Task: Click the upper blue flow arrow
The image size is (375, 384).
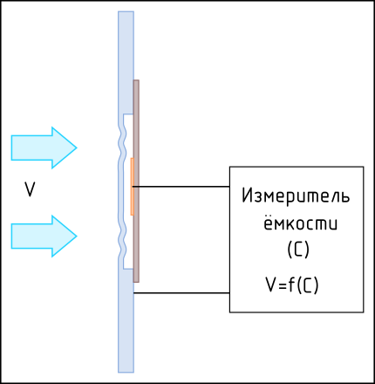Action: click(x=44, y=147)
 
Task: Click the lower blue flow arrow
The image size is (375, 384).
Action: click(x=44, y=237)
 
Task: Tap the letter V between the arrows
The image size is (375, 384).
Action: click(x=30, y=189)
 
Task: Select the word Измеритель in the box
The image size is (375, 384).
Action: click(x=296, y=195)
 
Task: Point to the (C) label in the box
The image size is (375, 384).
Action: click(x=298, y=250)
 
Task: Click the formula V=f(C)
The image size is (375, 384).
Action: click(x=292, y=285)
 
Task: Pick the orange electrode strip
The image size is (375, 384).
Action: click(x=132, y=187)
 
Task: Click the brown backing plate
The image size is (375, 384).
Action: click(x=136, y=181)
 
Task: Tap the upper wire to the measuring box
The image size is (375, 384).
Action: click(x=181, y=187)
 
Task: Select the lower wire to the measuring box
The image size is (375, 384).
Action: click(x=181, y=293)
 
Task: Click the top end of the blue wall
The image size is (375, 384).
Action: click(x=126, y=12)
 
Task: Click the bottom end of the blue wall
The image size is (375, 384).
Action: click(x=126, y=372)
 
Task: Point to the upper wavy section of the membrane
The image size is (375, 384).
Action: click(x=122, y=142)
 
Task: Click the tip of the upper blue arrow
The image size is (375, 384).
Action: click(x=77, y=147)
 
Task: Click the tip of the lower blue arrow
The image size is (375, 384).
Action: click(x=77, y=237)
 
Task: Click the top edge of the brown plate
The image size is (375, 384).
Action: click(x=136, y=80)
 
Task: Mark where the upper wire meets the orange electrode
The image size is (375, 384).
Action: click(x=133, y=187)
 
